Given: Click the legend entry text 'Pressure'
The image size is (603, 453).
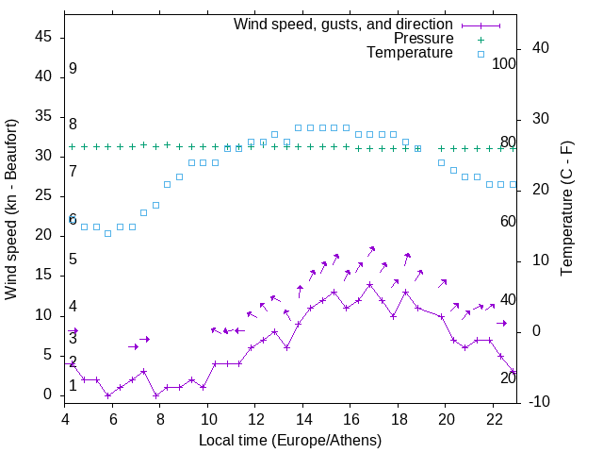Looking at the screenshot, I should pyautogui.click(x=423, y=39).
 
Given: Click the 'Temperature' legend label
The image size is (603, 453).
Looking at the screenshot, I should pyautogui.click(x=410, y=53).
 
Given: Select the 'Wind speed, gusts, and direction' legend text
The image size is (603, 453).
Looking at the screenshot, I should pyautogui.click(x=343, y=25).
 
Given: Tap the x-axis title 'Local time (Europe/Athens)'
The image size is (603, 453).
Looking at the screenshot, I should pyautogui.click(x=290, y=441).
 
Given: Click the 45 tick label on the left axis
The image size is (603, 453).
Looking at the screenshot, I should pyautogui.click(x=45, y=37).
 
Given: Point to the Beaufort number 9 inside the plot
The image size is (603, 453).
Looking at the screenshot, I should pyautogui.click(x=73, y=69).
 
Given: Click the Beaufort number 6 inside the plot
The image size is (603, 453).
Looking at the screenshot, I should pyautogui.click(x=73, y=219).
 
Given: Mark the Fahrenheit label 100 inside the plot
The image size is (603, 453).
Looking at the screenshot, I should pyautogui.click(x=505, y=64).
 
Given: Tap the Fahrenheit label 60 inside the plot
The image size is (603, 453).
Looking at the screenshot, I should pyautogui.click(x=508, y=221).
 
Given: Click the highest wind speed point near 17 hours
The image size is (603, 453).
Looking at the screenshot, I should pyautogui.click(x=370, y=284).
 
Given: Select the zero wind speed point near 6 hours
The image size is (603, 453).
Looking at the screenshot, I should pyautogui.click(x=108, y=395).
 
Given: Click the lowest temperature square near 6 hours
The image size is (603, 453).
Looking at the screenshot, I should pyautogui.click(x=108, y=233).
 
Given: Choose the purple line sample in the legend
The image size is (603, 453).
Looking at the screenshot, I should pyautogui.click(x=480, y=25).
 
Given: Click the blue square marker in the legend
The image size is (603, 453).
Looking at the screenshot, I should pyautogui.click(x=480, y=54).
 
